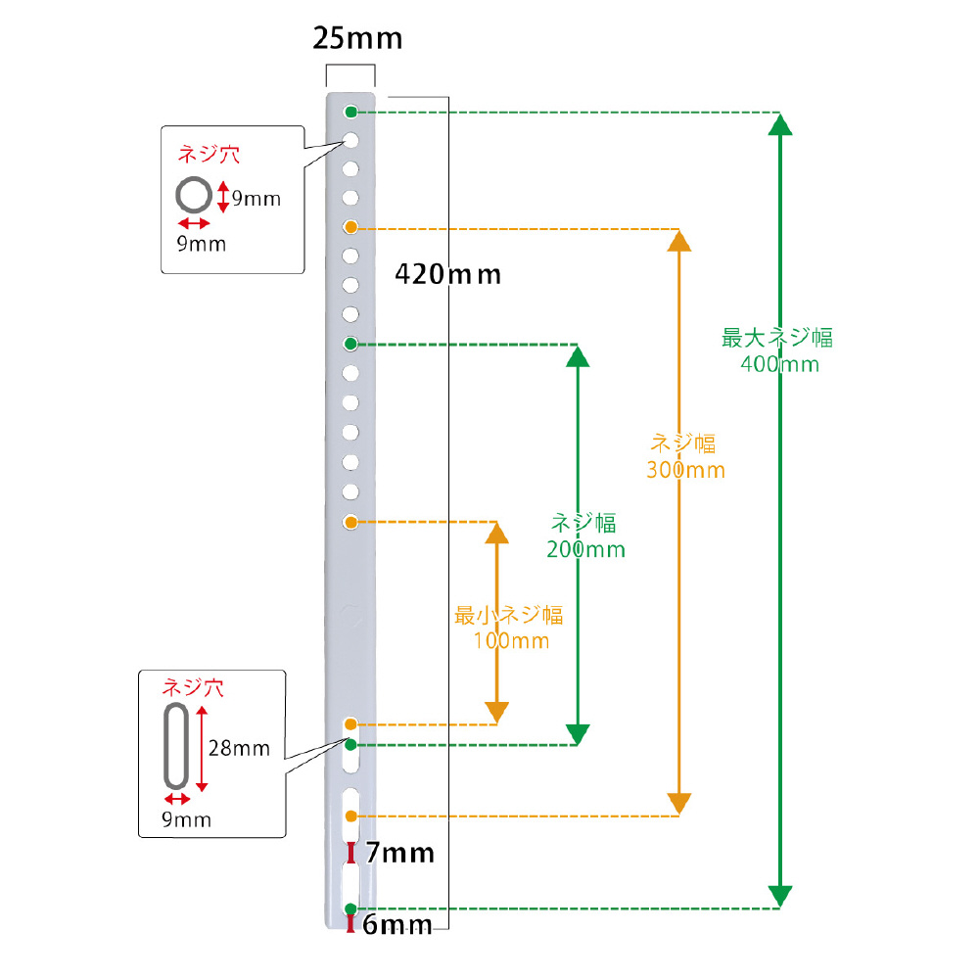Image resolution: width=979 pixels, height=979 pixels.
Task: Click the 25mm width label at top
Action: point(357,39)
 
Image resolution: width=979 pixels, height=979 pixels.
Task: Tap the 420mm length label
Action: point(447,275)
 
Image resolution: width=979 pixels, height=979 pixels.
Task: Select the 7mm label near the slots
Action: point(399,853)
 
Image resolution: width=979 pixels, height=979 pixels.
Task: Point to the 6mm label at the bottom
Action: point(397,925)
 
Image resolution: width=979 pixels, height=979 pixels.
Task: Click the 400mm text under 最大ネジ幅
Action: point(779,364)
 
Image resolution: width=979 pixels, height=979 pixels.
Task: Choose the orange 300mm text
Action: point(685,470)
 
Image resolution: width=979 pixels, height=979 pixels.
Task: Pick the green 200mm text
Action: point(585,549)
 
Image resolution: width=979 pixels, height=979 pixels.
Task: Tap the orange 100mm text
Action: point(511,640)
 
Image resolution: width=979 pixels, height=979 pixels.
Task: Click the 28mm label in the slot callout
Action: point(239,748)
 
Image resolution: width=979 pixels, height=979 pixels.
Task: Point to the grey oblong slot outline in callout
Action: point(165,746)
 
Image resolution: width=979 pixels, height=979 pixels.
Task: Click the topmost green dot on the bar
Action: point(350,113)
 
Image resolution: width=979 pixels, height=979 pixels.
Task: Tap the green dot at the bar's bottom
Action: point(350,909)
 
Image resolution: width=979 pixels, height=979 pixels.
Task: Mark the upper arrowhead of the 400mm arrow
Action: point(780,124)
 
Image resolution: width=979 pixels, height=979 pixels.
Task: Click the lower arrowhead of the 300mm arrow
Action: point(678,804)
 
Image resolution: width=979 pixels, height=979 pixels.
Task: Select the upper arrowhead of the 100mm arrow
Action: point(496,533)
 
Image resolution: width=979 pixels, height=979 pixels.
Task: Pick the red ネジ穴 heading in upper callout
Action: point(210,155)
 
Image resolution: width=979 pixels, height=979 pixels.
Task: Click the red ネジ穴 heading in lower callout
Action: point(193,687)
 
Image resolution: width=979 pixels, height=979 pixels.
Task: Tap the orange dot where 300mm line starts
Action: point(350,227)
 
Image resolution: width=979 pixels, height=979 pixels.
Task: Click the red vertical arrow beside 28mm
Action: point(201,749)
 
